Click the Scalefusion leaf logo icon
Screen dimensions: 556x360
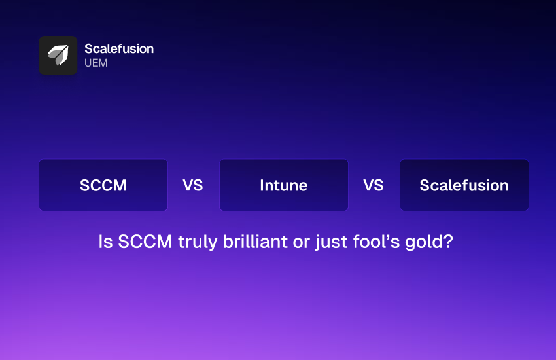[x=58, y=56]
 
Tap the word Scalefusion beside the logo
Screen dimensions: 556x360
[x=119, y=49]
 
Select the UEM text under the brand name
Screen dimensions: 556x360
[x=96, y=63]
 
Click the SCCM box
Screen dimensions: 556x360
[x=103, y=185]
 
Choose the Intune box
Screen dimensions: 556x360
[x=284, y=185]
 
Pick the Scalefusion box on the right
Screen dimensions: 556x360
[x=464, y=185]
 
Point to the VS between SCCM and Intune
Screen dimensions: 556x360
[x=193, y=185]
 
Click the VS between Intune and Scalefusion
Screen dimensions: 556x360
[x=374, y=185]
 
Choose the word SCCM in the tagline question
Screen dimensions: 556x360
[x=145, y=242]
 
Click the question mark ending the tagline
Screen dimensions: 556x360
[x=448, y=242]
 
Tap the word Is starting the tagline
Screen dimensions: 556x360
[x=106, y=242]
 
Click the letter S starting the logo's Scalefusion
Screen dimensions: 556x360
[x=89, y=49]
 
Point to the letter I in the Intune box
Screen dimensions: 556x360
[x=262, y=185]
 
